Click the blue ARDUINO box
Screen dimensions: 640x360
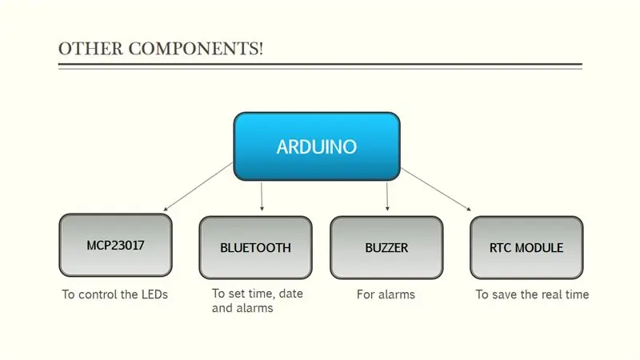[317, 146]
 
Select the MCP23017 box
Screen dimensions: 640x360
[115, 245]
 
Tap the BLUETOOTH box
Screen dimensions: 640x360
[255, 247]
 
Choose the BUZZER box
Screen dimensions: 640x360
[386, 247]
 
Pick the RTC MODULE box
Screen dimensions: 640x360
[526, 247]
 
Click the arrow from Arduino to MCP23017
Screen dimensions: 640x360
[198, 186]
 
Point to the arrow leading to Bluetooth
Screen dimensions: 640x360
[262, 196]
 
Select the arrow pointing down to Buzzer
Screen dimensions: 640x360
[387, 196]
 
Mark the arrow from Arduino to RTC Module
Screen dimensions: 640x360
[436, 189]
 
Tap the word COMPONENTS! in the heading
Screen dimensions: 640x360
[196, 49]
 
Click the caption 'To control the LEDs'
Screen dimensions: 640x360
[114, 294]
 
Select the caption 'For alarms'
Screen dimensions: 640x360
[386, 294]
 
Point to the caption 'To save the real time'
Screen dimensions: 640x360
[532, 294]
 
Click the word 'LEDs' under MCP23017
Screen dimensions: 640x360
[154, 294]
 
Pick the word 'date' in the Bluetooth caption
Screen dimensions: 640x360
[291, 294]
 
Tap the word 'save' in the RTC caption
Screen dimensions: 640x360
[505, 294]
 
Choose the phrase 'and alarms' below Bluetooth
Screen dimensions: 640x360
[242, 308]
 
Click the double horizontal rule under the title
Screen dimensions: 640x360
[321, 66]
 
